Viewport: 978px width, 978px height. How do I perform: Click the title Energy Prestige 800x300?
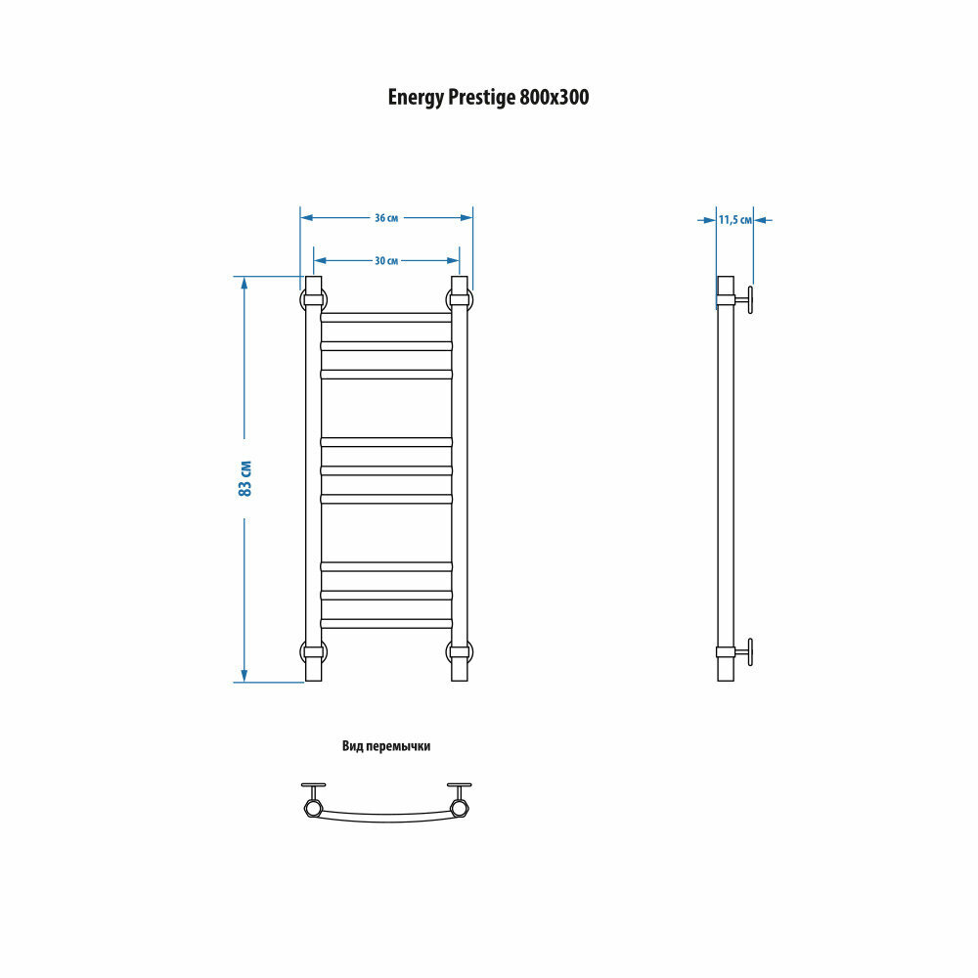point(488,98)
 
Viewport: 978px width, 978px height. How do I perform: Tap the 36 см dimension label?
point(386,217)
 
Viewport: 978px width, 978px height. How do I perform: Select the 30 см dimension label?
point(386,260)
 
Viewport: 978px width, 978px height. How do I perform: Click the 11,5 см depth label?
point(734,220)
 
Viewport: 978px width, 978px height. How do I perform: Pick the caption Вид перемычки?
point(386,745)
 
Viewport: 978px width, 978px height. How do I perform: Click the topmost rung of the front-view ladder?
point(386,317)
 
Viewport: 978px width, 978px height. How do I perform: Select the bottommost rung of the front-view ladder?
point(386,622)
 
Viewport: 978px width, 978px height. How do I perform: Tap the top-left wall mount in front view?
point(313,299)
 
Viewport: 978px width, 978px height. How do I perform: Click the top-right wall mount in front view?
point(460,299)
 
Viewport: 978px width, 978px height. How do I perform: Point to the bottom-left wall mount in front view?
point(313,651)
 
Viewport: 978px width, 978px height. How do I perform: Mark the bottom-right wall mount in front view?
point(460,651)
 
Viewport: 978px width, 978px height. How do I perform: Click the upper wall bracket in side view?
point(746,299)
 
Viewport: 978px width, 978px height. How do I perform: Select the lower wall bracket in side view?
point(746,651)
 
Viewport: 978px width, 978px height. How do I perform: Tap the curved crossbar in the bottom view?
point(386,818)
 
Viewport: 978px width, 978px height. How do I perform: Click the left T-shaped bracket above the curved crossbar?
point(314,788)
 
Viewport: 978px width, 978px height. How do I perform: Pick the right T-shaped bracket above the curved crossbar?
point(459,788)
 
